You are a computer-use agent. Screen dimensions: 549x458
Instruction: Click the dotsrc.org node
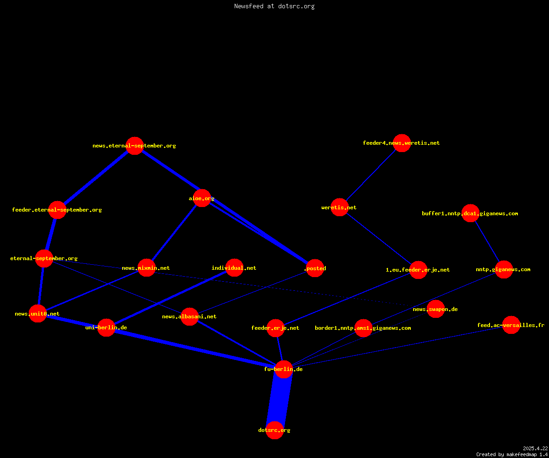(274, 430)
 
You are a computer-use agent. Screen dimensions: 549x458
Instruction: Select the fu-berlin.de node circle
(284, 369)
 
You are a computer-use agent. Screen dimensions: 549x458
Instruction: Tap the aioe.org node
(202, 198)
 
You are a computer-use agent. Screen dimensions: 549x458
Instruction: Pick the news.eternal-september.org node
(135, 146)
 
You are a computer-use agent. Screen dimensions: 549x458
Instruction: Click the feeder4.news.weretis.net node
(402, 143)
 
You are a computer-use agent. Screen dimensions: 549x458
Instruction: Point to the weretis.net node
(339, 207)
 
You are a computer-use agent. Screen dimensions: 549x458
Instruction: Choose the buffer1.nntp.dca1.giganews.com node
(470, 213)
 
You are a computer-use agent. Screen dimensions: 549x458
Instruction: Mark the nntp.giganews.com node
(504, 270)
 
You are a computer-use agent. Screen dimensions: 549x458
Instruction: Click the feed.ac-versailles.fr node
(511, 325)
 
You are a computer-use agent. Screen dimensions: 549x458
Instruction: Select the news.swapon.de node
(436, 309)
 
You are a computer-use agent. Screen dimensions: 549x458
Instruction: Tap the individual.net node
(234, 268)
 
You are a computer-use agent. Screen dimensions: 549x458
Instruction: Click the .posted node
(315, 268)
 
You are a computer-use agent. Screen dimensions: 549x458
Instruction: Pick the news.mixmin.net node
(146, 268)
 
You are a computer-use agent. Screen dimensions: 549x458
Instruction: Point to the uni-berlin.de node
(106, 328)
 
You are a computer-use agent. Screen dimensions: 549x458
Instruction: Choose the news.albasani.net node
(189, 316)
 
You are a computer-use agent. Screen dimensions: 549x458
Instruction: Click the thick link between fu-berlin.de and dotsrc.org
(279, 399)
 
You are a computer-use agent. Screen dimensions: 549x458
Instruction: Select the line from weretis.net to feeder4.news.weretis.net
(371, 175)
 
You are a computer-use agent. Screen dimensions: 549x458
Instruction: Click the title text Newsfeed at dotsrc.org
(274, 6)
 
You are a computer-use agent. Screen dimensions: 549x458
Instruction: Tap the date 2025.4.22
(535, 448)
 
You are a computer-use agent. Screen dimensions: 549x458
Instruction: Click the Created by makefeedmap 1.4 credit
(512, 454)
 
